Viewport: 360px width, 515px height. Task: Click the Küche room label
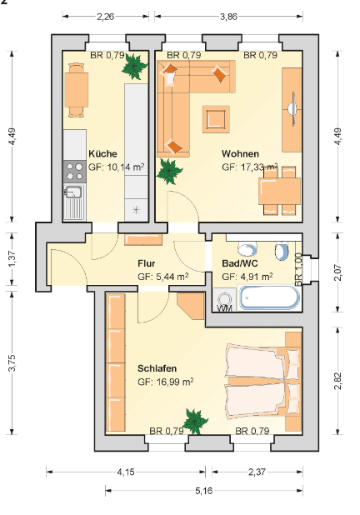[x=102, y=153]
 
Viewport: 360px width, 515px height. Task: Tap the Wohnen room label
[x=241, y=153]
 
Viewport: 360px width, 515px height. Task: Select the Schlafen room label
[x=157, y=368]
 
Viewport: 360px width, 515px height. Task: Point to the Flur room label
[x=147, y=263]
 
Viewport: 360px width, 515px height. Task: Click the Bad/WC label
[x=240, y=263]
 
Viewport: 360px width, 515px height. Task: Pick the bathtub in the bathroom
[x=269, y=298]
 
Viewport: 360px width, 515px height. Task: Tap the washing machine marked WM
[x=224, y=300]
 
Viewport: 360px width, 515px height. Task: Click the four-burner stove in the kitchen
[x=74, y=172]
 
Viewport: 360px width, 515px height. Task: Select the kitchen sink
[x=74, y=202]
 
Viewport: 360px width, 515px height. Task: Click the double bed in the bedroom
[x=262, y=382]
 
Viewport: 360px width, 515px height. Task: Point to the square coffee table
[x=216, y=119]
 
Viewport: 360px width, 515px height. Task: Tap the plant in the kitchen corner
[x=134, y=67]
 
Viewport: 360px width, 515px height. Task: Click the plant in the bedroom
[x=195, y=422]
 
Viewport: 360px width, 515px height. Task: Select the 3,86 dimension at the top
[x=228, y=17]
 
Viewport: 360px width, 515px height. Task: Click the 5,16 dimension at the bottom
[x=204, y=491]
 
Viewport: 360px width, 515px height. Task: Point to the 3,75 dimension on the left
[x=12, y=363]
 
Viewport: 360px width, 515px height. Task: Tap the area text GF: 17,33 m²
[x=250, y=167]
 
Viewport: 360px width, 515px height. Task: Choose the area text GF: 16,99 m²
[x=165, y=382]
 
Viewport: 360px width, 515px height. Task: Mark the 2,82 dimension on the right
[x=338, y=381]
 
